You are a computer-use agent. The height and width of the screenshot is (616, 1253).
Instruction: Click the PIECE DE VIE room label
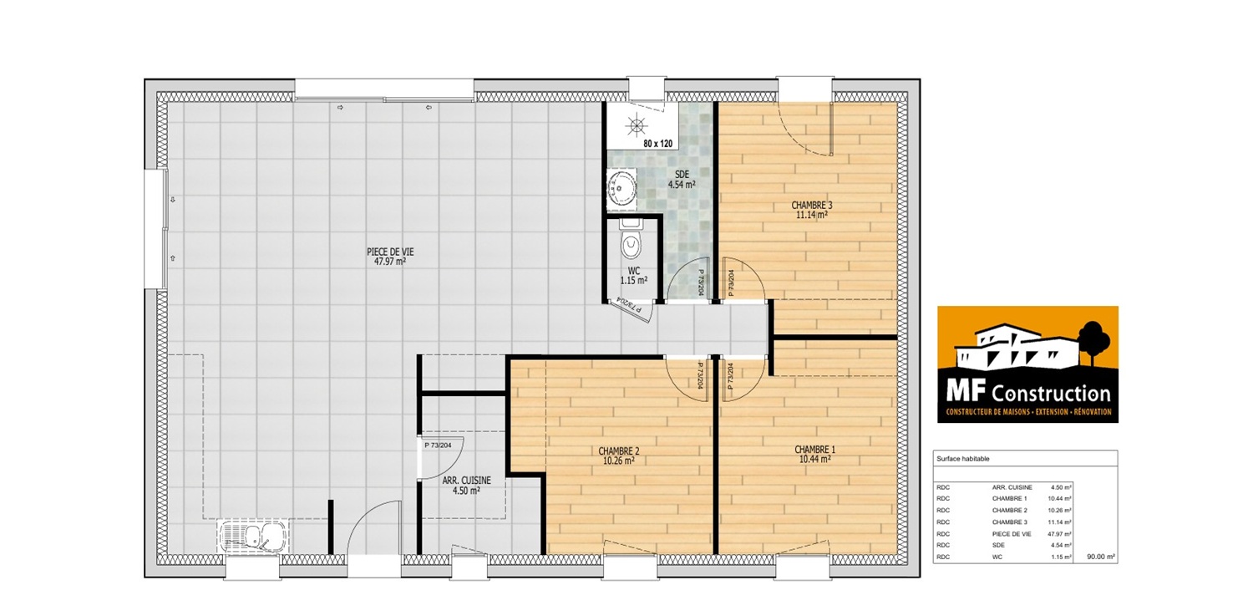point(390,257)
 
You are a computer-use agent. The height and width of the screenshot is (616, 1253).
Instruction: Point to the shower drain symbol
point(637,125)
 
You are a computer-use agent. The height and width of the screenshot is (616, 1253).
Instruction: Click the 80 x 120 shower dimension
point(658,144)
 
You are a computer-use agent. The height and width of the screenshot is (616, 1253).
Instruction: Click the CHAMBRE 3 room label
point(812,209)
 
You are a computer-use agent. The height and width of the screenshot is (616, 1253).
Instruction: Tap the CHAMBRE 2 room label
point(619,456)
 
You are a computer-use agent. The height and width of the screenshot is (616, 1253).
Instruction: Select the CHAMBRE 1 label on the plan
point(815,455)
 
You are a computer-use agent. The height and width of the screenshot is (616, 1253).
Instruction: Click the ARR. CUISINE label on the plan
point(466,485)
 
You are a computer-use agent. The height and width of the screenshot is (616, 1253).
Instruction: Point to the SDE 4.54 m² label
point(682,180)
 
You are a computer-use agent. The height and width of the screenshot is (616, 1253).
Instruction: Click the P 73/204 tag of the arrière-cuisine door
point(438,445)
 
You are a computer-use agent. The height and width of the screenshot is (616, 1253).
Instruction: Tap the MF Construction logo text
point(1028,394)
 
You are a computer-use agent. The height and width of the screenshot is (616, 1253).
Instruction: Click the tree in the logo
point(1093,341)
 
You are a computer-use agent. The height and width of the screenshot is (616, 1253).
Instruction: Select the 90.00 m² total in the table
point(1101,557)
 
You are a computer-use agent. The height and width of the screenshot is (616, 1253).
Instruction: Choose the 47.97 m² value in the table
point(1059,534)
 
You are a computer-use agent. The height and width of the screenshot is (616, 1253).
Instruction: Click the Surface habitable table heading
point(962,459)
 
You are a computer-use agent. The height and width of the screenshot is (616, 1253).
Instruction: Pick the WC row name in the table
point(997,557)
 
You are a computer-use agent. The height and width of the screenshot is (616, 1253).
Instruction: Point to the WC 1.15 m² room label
point(634,275)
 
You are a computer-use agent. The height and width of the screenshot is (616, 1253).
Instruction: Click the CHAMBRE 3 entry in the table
point(1010,522)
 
